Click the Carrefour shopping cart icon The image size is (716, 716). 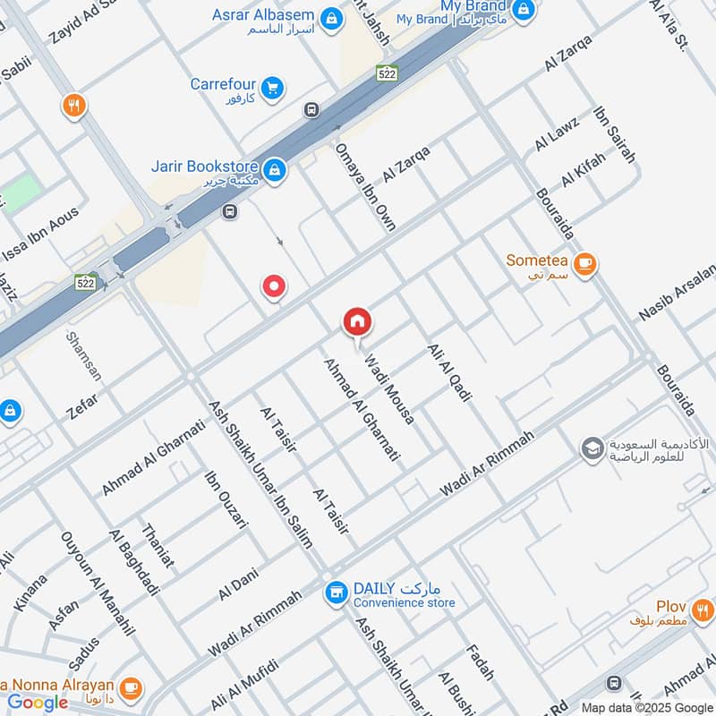click(x=273, y=87)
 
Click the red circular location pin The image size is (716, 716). click(x=274, y=287)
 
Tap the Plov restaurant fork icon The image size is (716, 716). click(x=703, y=611)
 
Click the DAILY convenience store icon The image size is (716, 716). click(x=337, y=592)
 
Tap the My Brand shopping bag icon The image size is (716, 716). click(x=524, y=11)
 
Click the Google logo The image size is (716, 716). click(x=38, y=703)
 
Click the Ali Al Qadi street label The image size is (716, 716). click(x=449, y=371)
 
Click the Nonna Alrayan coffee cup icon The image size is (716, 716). click(x=131, y=687)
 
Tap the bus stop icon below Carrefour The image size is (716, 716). click(x=311, y=111)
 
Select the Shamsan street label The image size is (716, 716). click(x=79, y=357)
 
